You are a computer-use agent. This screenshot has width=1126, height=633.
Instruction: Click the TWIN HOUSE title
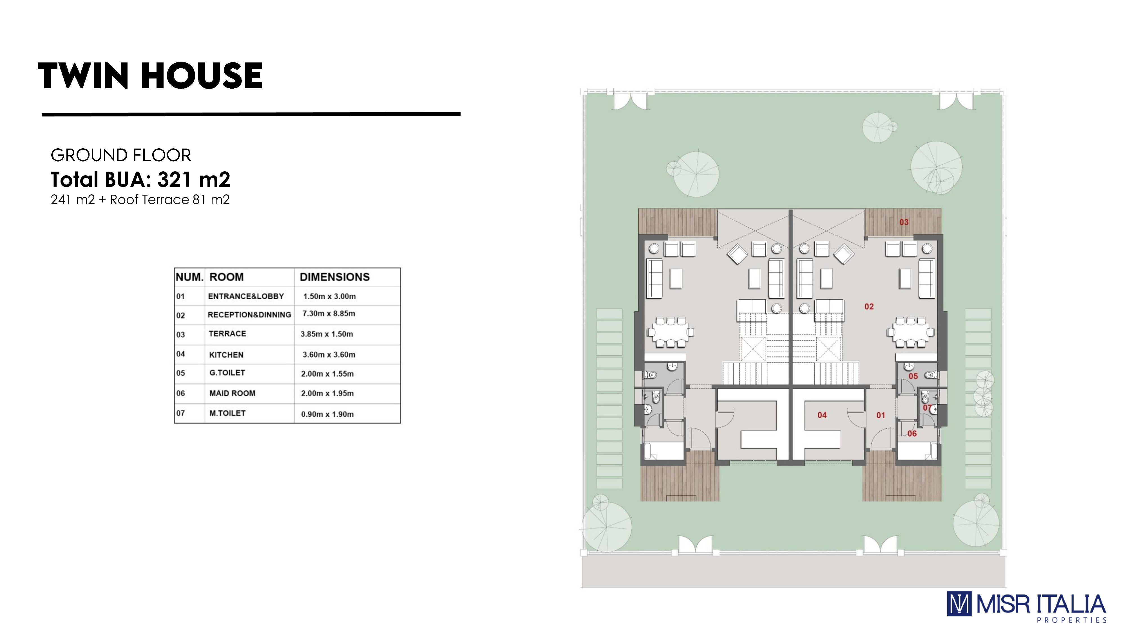tap(150, 76)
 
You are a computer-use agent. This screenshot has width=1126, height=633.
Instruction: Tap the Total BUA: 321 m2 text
tap(140, 179)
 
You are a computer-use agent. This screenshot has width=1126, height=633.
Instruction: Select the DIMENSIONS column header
tap(334, 277)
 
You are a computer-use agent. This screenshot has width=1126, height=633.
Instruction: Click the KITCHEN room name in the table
tap(226, 355)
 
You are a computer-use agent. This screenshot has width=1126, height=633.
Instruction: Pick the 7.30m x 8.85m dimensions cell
tap(329, 314)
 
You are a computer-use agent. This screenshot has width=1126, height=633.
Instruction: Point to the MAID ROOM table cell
tap(232, 393)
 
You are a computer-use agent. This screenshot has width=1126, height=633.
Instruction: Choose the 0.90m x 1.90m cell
tap(327, 414)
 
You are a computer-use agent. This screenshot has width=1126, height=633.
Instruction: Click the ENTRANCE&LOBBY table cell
tap(246, 296)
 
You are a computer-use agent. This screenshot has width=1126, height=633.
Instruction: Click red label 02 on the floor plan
tap(869, 307)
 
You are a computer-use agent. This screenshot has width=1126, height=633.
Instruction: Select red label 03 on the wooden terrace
tap(904, 222)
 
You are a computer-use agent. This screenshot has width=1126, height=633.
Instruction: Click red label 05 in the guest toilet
tap(913, 376)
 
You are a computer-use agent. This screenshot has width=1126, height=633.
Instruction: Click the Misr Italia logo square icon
tap(959, 604)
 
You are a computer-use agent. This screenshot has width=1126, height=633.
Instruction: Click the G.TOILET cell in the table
tap(227, 373)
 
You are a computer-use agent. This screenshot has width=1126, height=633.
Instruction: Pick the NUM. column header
tap(189, 277)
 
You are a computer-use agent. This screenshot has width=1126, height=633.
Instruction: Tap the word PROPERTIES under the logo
tap(1071, 620)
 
